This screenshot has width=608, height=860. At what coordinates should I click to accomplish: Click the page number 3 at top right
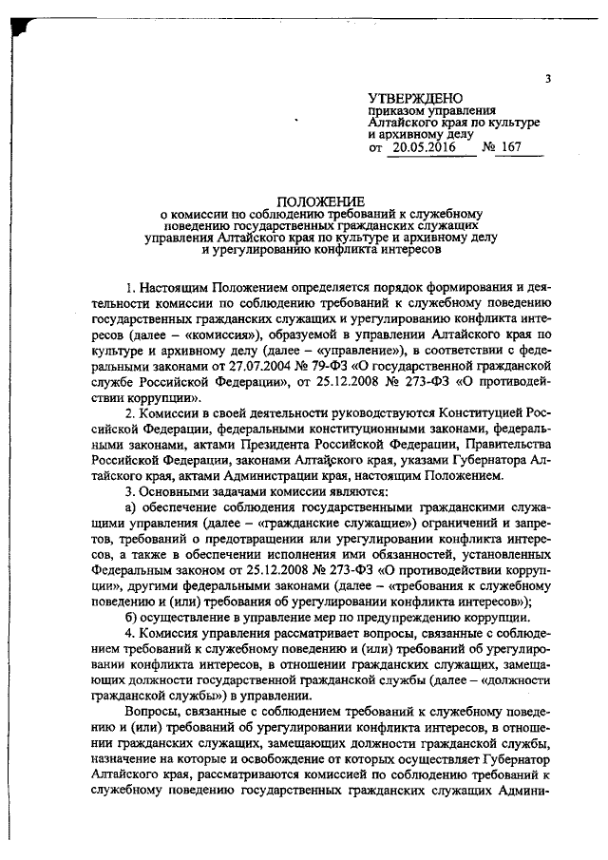click(548, 80)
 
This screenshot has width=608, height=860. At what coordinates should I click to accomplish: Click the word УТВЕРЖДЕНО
click(415, 99)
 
